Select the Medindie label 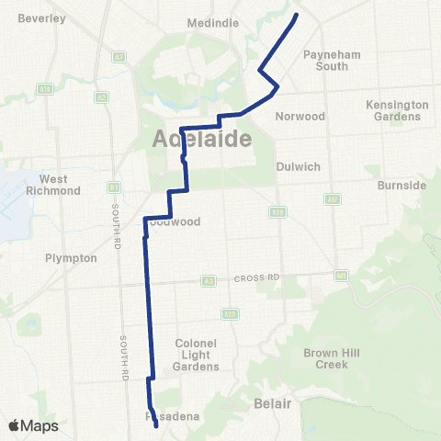212,23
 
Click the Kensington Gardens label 397,110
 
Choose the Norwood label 300,117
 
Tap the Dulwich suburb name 298,167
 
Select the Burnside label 401,185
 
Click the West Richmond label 60,184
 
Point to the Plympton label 71,258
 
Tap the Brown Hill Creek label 326,358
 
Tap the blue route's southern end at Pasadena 156,426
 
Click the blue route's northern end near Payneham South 296,15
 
